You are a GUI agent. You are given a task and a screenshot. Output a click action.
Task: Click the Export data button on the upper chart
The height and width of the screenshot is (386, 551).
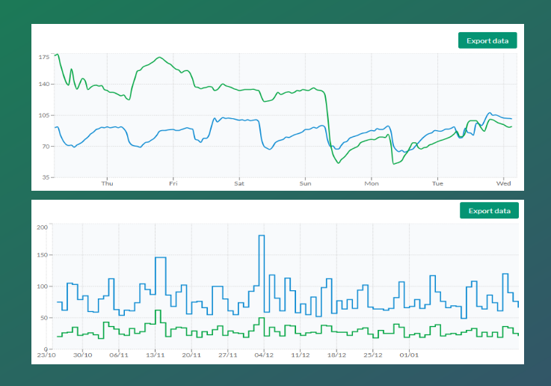pyautogui.click(x=487, y=40)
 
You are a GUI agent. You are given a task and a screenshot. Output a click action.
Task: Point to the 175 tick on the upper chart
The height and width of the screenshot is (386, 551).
pyautogui.click(x=43, y=57)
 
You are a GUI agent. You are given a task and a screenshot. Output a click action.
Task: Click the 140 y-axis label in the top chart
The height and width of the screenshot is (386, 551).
pyautogui.click(x=43, y=84)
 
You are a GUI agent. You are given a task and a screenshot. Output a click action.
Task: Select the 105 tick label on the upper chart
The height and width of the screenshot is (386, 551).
pyautogui.click(x=43, y=115)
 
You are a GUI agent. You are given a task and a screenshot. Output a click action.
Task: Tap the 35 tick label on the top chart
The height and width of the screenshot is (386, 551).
pyautogui.click(x=46, y=177)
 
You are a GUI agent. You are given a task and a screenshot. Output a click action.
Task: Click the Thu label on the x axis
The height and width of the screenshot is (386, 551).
pyautogui.click(x=107, y=183)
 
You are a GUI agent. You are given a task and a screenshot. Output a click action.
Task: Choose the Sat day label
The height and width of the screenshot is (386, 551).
pyautogui.click(x=239, y=183)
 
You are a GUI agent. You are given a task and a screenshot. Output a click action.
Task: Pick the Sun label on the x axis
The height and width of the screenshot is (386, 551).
pyautogui.click(x=305, y=183)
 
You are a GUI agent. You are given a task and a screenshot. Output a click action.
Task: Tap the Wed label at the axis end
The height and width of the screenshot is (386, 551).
pyautogui.click(x=504, y=183)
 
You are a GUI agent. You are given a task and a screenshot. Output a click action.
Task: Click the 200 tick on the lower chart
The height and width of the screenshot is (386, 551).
pyautogui.click(x=42, y=227)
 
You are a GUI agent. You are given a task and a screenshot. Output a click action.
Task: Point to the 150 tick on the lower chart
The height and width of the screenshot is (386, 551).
pyautogui.click(x=42, y=256)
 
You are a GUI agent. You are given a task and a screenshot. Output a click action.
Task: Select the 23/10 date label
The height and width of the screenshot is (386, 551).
pyautogui.click(x=46, y=355)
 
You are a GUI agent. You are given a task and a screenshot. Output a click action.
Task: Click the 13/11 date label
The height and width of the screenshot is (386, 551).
pyautogui.click(x=155, y=355)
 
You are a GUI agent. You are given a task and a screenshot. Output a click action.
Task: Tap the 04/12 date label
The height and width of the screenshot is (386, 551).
pyautogui.click(x=264, y=355)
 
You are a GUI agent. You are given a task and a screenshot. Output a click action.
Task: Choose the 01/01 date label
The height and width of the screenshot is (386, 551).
pyautogui.click(x=409, y=355)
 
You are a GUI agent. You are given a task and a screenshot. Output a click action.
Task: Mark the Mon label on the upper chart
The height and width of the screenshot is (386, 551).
pyautogui.click(x=372, y=183)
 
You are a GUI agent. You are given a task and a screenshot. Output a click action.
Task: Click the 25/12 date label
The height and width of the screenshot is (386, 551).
pyautogui.click(x=373, y=355)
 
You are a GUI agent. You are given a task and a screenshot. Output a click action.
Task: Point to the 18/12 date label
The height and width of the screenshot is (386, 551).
pyautogui.click(x=336, y=355)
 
